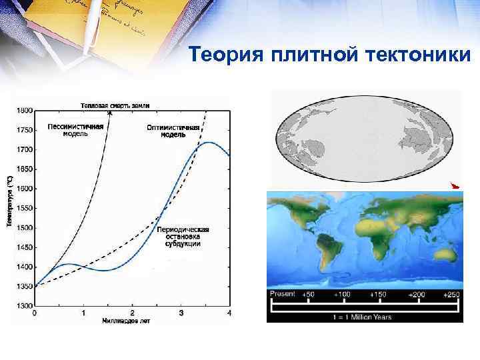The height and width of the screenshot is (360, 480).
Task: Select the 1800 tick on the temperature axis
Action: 23,110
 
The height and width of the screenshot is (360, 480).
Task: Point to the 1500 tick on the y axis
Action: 23,227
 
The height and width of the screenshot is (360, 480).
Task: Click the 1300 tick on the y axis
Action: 23,305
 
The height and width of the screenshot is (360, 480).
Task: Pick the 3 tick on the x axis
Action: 181,313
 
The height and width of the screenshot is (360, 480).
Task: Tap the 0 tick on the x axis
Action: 35,313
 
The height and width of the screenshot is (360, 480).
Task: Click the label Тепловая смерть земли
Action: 115,105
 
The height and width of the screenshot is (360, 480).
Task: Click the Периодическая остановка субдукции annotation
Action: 183,237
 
